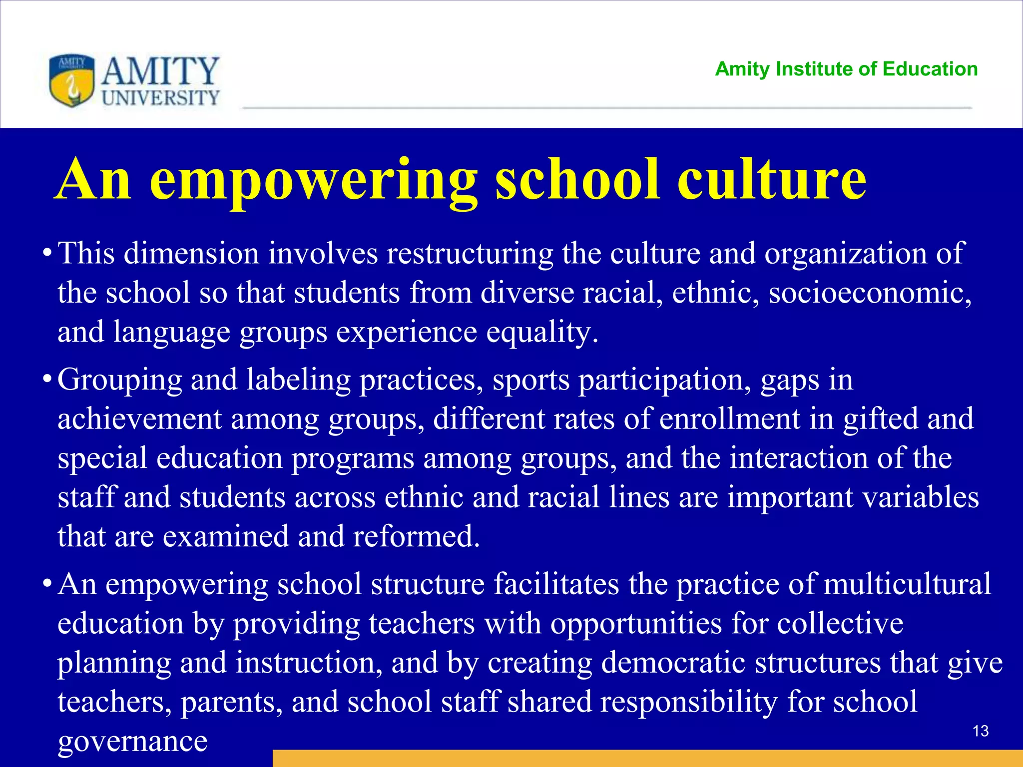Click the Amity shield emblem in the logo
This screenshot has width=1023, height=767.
(72, 80)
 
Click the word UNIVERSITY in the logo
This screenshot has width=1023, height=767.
(160, 98)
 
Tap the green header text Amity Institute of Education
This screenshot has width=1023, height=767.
(846, 69)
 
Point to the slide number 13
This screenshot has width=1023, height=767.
(981, 731)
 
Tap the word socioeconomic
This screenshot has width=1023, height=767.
(870, 293)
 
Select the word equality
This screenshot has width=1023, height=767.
(542, 332)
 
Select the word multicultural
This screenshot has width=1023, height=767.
(907, 584)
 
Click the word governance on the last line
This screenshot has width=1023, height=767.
(132, 741)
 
